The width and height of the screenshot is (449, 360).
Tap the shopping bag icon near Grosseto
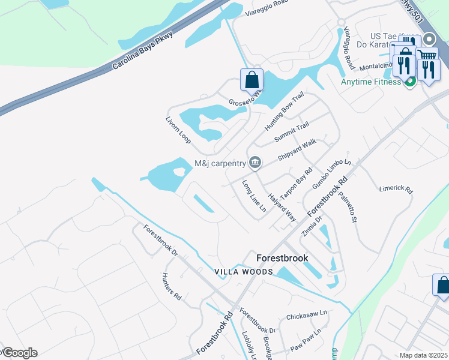[x=252, y=80]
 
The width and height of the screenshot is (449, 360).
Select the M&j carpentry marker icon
[x=255, y=163]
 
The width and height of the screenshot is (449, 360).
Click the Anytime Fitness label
[x=370, y=82]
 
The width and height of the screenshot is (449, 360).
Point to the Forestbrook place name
[x=282, y=258]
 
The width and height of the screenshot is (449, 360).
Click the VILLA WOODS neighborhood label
[x=244, y=272]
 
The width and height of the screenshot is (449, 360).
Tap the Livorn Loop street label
[x=178, y=129]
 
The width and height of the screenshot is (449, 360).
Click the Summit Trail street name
[x=292, y=132]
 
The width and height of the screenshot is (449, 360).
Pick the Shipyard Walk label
[x=297, y=151]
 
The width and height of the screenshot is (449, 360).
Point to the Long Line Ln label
[x=254, y=196]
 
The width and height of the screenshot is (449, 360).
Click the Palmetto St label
[x=348, y=206]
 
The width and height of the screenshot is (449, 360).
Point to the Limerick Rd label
[x=396, y=189]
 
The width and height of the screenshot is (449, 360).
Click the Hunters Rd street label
[x=171, y=286]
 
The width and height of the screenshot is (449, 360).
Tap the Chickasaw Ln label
[x=306, y=314]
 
